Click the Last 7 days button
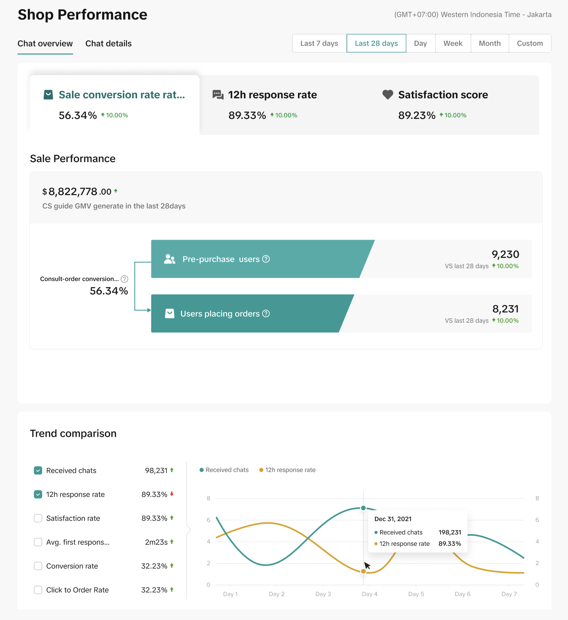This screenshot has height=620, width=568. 319,43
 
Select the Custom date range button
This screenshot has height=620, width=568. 530,43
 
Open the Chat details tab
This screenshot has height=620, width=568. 108,44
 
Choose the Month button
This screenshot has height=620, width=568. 490,43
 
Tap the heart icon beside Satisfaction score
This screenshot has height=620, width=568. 388,95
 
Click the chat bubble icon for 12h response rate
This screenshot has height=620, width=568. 218,95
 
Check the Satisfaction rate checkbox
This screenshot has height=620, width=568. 38,518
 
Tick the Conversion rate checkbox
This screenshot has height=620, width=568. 38,566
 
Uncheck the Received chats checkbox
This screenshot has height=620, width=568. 38,471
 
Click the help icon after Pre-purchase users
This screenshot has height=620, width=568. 266,259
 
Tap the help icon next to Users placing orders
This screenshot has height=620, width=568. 266,314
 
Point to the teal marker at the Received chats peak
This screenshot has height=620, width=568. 363,508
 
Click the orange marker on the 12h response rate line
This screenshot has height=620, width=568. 363,571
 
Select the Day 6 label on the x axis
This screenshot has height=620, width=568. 463,594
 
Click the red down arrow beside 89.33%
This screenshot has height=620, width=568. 172,494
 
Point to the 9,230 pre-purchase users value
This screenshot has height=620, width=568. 505,254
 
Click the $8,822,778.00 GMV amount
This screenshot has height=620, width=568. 77,192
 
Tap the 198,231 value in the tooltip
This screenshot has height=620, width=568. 450,532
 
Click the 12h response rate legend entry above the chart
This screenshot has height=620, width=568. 287,470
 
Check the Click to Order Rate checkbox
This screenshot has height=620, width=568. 38,590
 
